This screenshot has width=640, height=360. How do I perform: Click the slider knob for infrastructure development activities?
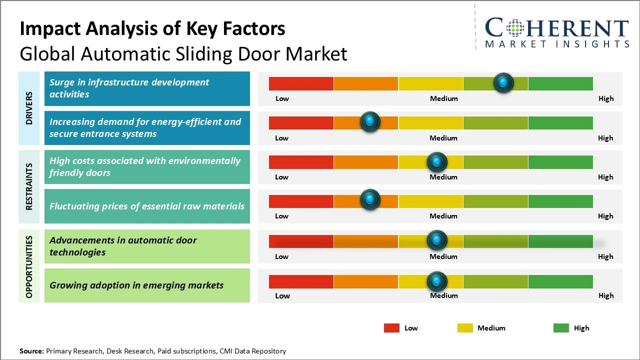pyautogui.click(x=503, y=82)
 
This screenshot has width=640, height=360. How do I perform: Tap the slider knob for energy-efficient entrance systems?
pyautogui.click(x=370, y=121)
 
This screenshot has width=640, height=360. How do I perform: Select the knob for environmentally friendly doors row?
pyautogui.click(x=437, y=161)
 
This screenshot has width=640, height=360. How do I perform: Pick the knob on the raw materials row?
pyautogui.click(x=370, y=199)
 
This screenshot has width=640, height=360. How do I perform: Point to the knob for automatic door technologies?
pyautogui.click(x=437, y=240)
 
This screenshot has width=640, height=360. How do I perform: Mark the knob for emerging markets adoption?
pyautogui.click(x=437, y=281)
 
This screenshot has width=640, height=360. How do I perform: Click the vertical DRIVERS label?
pyautogui.click(x=29, y=108)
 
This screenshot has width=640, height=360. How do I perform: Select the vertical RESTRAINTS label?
pyautogui.click(x=29, y=186)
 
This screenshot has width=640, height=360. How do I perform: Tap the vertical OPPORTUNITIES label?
pyautogui.click(x=29, y=266)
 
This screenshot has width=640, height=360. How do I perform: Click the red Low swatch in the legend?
pyautogui.click(x=391, y=328)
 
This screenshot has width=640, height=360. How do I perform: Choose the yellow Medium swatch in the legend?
pyautogui.click(x=465, y=328)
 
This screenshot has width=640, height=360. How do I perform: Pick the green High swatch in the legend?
pyautogui.click(x=561, y=328)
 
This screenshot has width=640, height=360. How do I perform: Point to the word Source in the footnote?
pyautogui.click(x=31, y=351)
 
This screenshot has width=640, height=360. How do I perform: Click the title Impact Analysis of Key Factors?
pyautogui.click(x=152, y=29)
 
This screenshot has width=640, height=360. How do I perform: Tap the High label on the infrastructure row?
pyautogui.click(x=606, y=98)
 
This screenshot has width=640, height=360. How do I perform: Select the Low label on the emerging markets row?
pyautogui.click(x=282, y=295)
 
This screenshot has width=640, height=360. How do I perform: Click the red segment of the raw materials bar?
pyautogui.click(x=301, y=201)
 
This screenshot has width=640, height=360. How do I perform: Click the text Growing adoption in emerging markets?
pyautogui.click(x=136, y=285)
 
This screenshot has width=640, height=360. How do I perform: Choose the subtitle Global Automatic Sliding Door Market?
pyautogui.click(x=183, y=54)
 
